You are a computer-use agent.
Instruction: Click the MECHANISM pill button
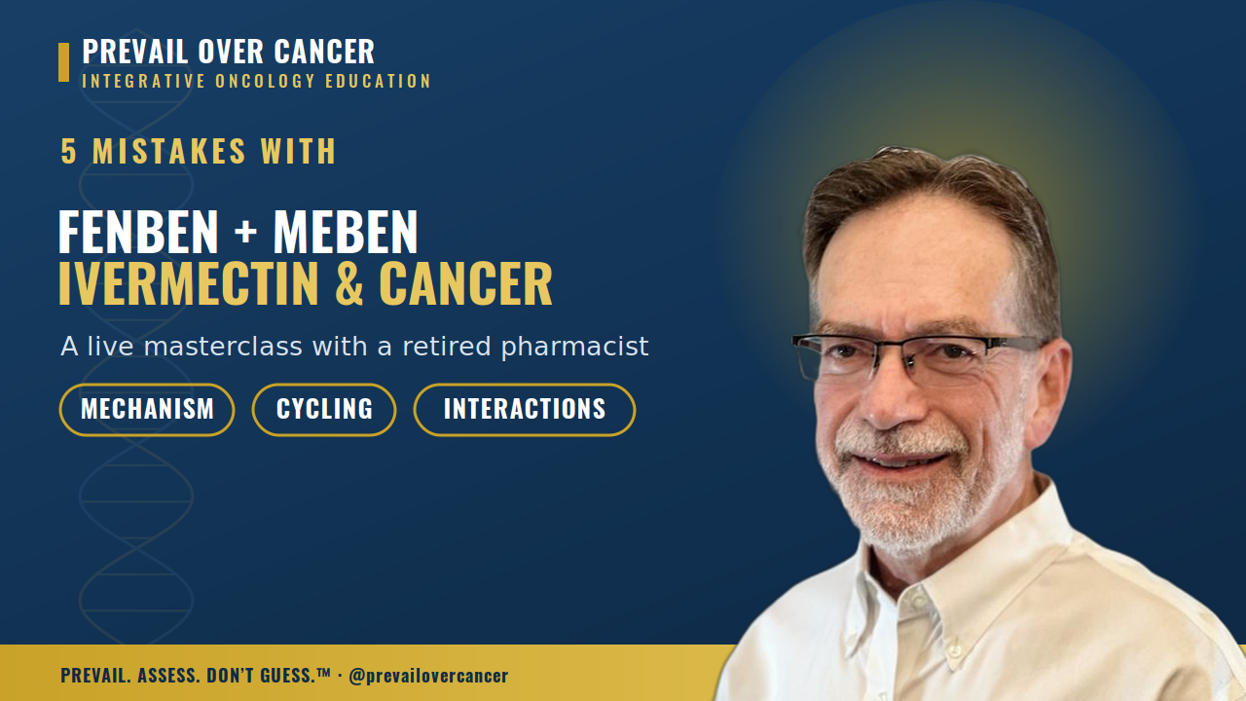point(147,410)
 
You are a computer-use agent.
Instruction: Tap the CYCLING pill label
point(324,410)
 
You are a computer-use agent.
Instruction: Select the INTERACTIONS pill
point(525,410)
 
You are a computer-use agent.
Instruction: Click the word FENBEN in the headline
point(138,232)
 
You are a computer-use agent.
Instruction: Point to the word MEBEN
point(346,232)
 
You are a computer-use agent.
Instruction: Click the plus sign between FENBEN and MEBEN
point(245,233)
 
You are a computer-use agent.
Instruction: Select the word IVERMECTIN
point(189,283)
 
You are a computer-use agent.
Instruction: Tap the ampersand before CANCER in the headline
point(349,283)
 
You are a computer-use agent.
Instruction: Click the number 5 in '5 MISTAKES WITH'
point(68,151)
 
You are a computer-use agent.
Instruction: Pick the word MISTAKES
point(169,151)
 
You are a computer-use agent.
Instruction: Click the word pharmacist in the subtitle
point(574,348)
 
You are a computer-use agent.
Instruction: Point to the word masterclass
point(223,347)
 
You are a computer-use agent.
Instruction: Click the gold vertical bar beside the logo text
point(64,62)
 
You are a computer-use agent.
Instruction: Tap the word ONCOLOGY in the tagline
point(266,81)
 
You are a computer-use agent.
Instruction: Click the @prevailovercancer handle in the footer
point(428,676)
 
